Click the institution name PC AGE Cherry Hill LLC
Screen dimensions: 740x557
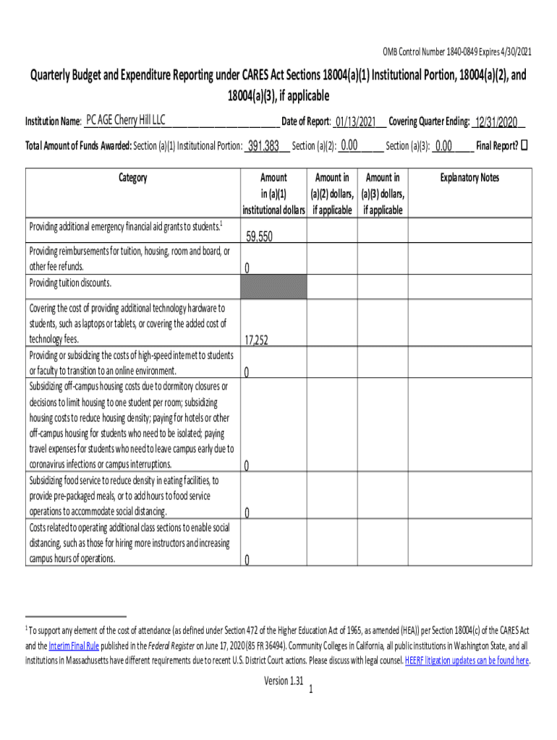[125, 119]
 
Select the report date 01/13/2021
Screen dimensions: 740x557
[354, 121]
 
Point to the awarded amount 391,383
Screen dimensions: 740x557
[263, 146]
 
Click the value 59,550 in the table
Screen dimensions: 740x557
[259, 236]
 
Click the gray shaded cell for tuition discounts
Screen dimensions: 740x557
[273, 286]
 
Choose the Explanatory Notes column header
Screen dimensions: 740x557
[470, 178]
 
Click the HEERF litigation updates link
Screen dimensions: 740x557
[467, 661]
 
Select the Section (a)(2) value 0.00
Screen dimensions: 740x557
[350, 145]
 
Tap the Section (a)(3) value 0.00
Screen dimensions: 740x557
[443, 146]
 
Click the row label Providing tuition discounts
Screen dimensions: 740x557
[70, 283]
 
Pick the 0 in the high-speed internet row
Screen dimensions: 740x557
[247, 373]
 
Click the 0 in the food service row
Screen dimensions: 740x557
[247, 513]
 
